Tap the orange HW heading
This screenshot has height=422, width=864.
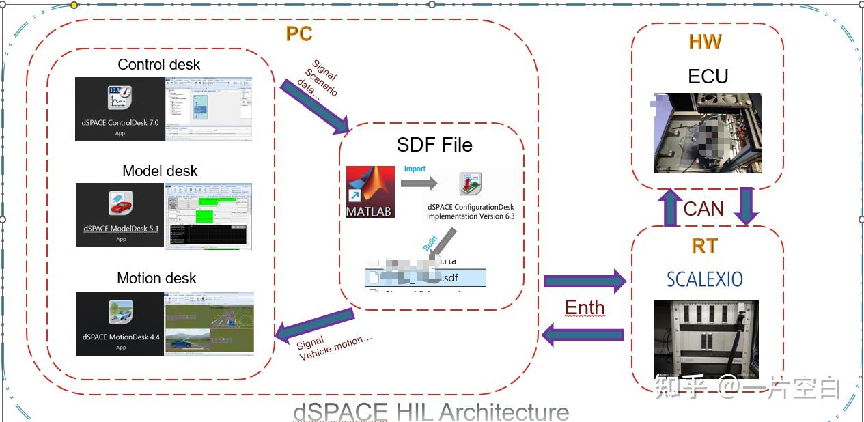coord(705,42)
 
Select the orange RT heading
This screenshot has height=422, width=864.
coord(705,245)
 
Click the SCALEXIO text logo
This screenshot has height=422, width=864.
coord(705,279)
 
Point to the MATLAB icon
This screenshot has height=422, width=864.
coord(370,192)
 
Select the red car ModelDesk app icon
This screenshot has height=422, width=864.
coord(120,204)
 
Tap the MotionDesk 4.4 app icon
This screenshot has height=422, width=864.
coord(120,312)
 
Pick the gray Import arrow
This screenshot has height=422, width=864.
coord(418,183)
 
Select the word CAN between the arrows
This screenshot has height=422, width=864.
coord(703,208)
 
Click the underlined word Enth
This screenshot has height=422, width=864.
coord(585,308)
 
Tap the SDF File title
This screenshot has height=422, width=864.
coord(434,145)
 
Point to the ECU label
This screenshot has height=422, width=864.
coord(708,76)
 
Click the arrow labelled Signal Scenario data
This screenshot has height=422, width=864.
coord(313,106)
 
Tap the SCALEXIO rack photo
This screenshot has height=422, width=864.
coord(706,339)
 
